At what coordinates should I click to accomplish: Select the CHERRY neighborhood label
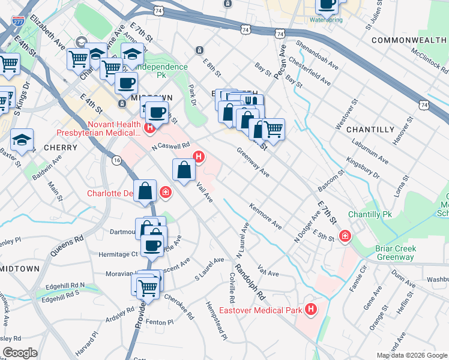[60, 147]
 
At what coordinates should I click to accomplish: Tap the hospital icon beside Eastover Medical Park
[311, 309]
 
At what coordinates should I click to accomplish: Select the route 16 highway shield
[116, 160]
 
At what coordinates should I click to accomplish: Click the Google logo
[20, 353]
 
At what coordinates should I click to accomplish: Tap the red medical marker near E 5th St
[345, 236]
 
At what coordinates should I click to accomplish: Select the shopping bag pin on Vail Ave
[184, 170]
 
